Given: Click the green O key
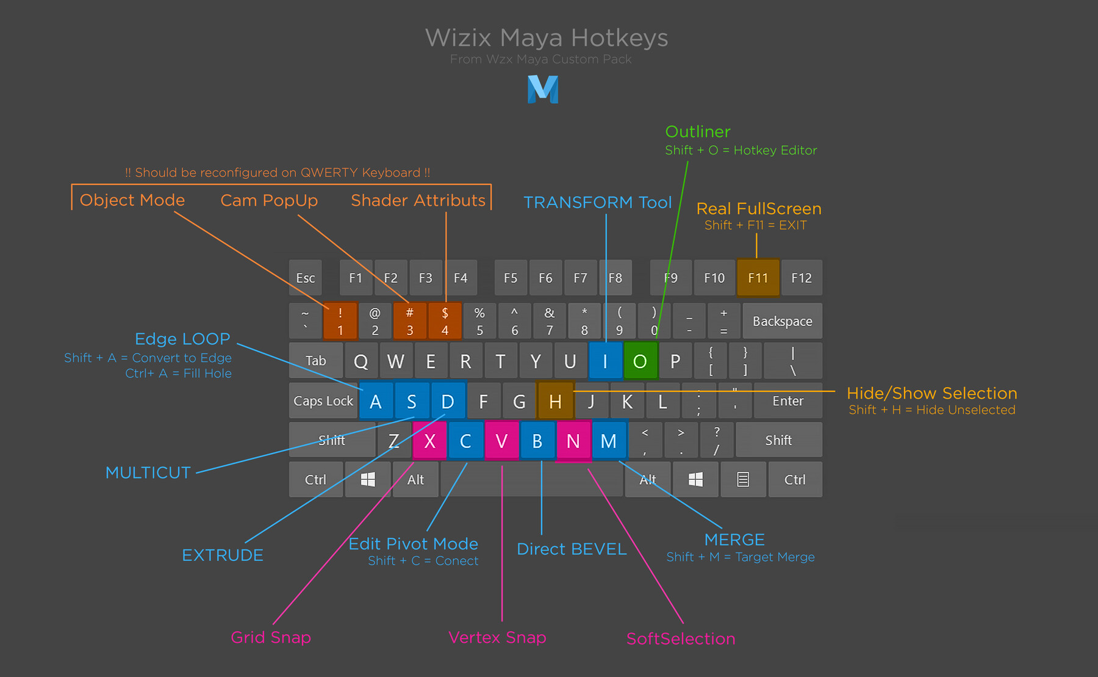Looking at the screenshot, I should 640,361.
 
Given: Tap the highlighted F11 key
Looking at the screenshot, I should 758,278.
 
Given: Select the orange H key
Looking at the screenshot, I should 555,401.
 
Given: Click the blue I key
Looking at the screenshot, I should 605,361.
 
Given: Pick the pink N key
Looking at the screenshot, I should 573,440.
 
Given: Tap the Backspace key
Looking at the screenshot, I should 782,321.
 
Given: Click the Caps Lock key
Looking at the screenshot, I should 323,401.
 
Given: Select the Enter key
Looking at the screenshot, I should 788,401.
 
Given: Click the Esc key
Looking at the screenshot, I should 306,278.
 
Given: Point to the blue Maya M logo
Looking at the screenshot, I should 543,89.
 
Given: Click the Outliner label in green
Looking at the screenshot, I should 698,132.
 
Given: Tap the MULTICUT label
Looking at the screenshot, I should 148,472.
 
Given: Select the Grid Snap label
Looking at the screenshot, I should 271,637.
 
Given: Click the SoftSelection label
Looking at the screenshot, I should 681,639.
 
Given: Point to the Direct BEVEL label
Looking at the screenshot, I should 572,549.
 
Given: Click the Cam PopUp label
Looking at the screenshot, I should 269,200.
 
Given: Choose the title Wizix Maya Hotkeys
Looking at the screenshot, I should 547,38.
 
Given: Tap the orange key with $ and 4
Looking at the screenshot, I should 445,321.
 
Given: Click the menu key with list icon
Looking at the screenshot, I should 742,479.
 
